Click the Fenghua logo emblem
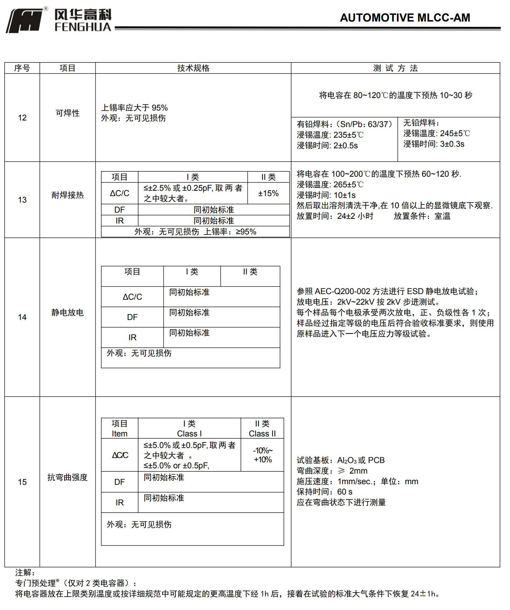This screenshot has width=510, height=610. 24,21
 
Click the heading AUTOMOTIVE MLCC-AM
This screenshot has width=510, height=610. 405,18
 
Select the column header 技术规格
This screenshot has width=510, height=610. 193,68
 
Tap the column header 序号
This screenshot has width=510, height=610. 22,68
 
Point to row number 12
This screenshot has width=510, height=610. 22,118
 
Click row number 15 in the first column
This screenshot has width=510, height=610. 22,482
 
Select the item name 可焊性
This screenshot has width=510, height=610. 67,113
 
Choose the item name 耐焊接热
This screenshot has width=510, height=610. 67,195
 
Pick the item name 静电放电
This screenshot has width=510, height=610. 67,312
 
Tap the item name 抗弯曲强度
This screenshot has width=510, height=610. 67,477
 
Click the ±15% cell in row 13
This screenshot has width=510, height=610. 268,193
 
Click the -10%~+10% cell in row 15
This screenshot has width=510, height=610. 263,455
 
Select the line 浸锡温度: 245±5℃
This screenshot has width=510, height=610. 436,133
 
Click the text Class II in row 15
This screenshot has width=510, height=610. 262,434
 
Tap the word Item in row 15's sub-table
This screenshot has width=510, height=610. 119,434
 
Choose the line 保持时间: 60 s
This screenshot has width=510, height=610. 324,492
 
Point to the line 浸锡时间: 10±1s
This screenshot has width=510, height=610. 326,195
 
